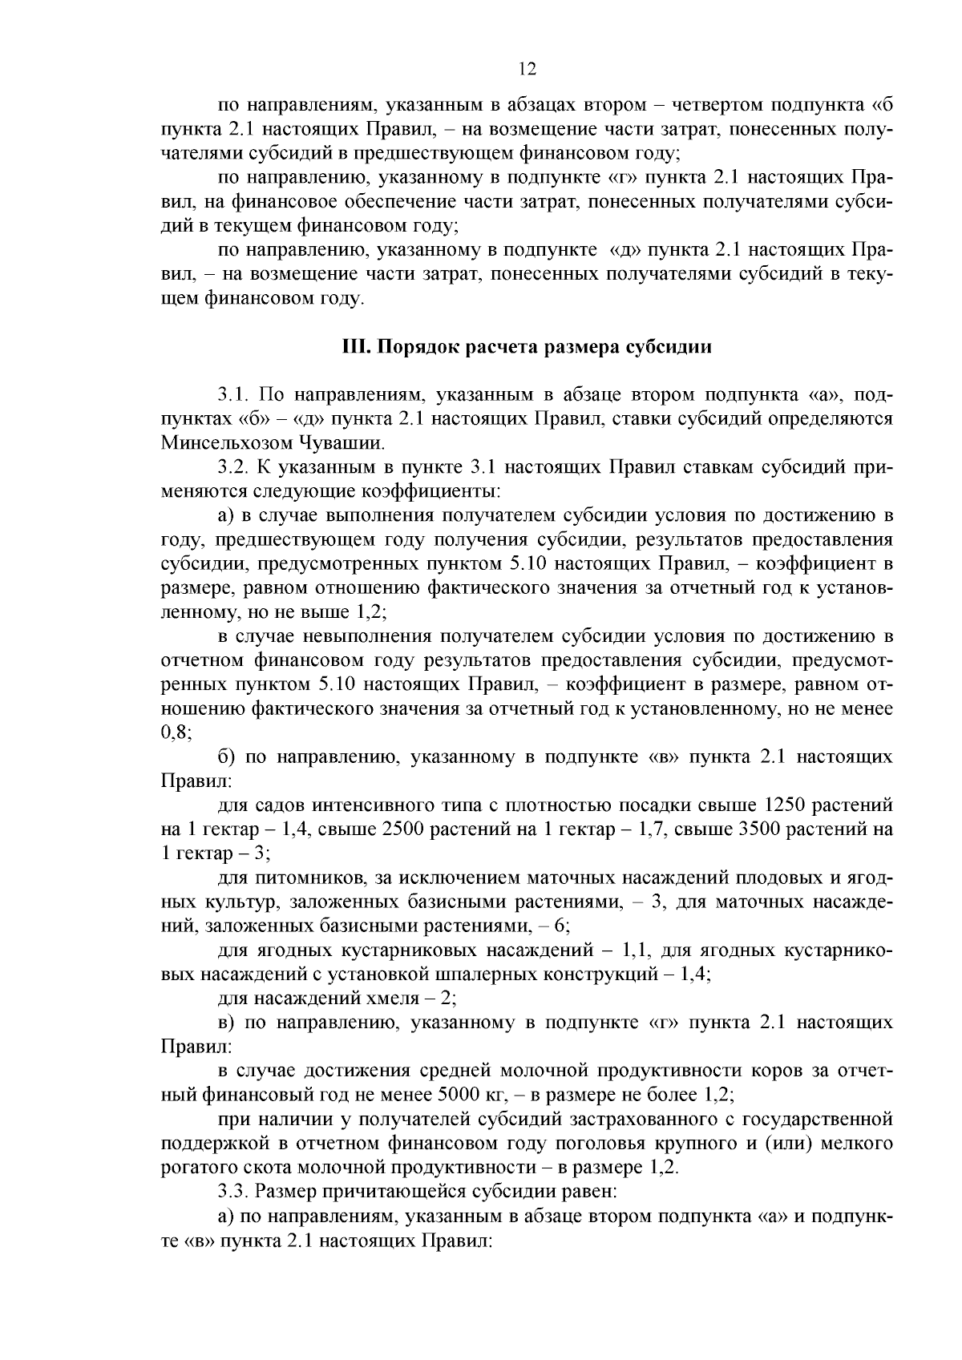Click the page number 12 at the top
coord(527,69)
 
